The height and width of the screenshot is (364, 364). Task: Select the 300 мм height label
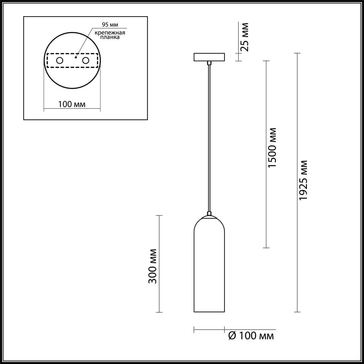(x=153, y=266)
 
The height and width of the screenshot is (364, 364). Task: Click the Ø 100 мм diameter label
(x=251, y=336)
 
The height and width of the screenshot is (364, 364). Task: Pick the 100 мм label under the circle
(x=72, y=104)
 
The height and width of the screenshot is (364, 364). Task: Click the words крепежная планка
(x=110, y=35)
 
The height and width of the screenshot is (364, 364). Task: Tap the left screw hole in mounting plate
(x=60, y=61)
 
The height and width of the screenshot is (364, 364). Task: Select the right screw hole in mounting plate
(x=85, y=61)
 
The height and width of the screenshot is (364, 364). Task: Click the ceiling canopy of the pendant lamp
(x=209, y=57)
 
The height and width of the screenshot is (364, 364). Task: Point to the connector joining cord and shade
(x=209, y=213)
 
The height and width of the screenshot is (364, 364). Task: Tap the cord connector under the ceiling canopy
(x=209, y=63)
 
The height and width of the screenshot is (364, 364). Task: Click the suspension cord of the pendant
(x=209, y=136)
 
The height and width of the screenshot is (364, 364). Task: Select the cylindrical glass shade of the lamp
(x=209, y=267)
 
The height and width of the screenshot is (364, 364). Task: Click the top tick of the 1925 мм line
(x=297, y=53)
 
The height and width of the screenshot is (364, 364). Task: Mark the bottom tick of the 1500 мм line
(x=266, y=248)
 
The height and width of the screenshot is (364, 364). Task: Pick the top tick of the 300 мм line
(x=159, y=216)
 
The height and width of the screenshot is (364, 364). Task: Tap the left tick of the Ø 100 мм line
(x=194, y=330)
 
